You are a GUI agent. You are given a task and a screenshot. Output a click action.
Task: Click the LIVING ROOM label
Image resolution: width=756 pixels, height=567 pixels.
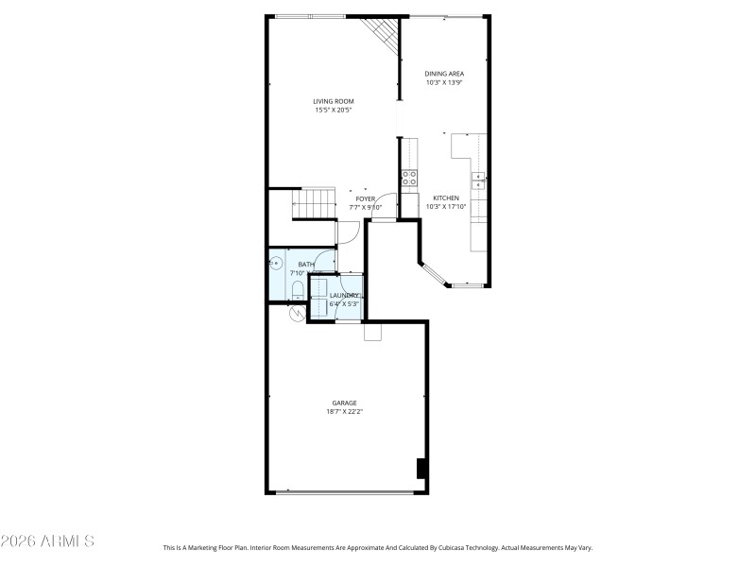tap(333, 101)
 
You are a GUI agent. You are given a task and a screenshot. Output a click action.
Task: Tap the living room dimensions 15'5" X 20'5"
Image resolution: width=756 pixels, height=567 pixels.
tap(333, 111)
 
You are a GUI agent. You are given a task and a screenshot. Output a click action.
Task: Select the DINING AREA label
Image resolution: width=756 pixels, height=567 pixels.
tap(443, 73)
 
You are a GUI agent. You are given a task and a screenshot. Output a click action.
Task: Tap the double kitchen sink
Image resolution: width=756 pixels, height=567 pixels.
tap(479, 180)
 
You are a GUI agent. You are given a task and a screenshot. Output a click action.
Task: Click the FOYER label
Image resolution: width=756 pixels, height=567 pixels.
tap(366, 198)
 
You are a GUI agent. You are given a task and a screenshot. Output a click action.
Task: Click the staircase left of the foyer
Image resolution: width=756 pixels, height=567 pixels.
tap(315, 202)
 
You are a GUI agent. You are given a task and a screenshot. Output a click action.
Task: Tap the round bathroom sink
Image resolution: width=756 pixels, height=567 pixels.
tap(278, 264)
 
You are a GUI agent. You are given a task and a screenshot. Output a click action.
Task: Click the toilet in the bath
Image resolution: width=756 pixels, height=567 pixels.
tap(296, 288)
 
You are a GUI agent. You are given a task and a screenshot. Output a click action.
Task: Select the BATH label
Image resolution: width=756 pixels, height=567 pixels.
tap(306, 265)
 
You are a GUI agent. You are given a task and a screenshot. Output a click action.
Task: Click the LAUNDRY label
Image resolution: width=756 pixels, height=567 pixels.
tap(344, 296)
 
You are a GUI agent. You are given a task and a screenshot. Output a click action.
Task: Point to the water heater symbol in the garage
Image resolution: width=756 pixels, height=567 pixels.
tap(297, 313)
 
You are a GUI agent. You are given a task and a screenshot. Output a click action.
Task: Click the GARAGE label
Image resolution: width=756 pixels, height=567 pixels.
tap(344, 403)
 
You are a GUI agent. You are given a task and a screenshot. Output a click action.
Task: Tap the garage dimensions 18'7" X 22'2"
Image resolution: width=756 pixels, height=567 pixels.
tap(344, 412)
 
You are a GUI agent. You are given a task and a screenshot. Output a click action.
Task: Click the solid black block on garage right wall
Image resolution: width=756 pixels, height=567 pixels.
tap(421, 469)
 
